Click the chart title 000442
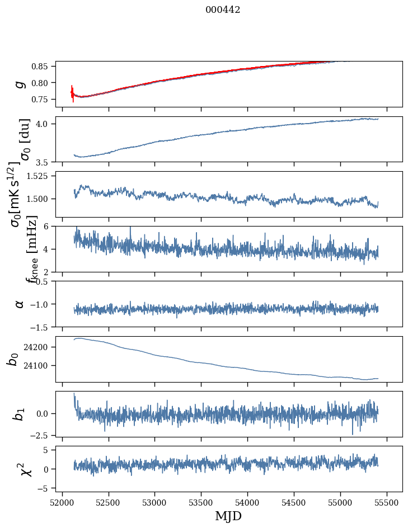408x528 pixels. (223, 10)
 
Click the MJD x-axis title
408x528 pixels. (228, 516)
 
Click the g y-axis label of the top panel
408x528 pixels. (20, 84)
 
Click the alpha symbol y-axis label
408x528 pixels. (20, 304)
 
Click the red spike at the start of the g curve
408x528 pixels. (73, 93)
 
